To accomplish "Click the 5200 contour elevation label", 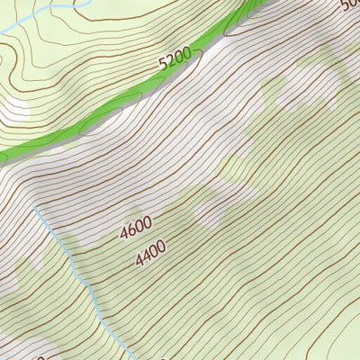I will [x=175, y=60].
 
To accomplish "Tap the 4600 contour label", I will [x=136, y=230].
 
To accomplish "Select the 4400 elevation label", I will [x=152, y=257].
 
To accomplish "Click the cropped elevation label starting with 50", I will [x=350, y=5].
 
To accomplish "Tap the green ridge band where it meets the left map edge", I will [x=3, y=157].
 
